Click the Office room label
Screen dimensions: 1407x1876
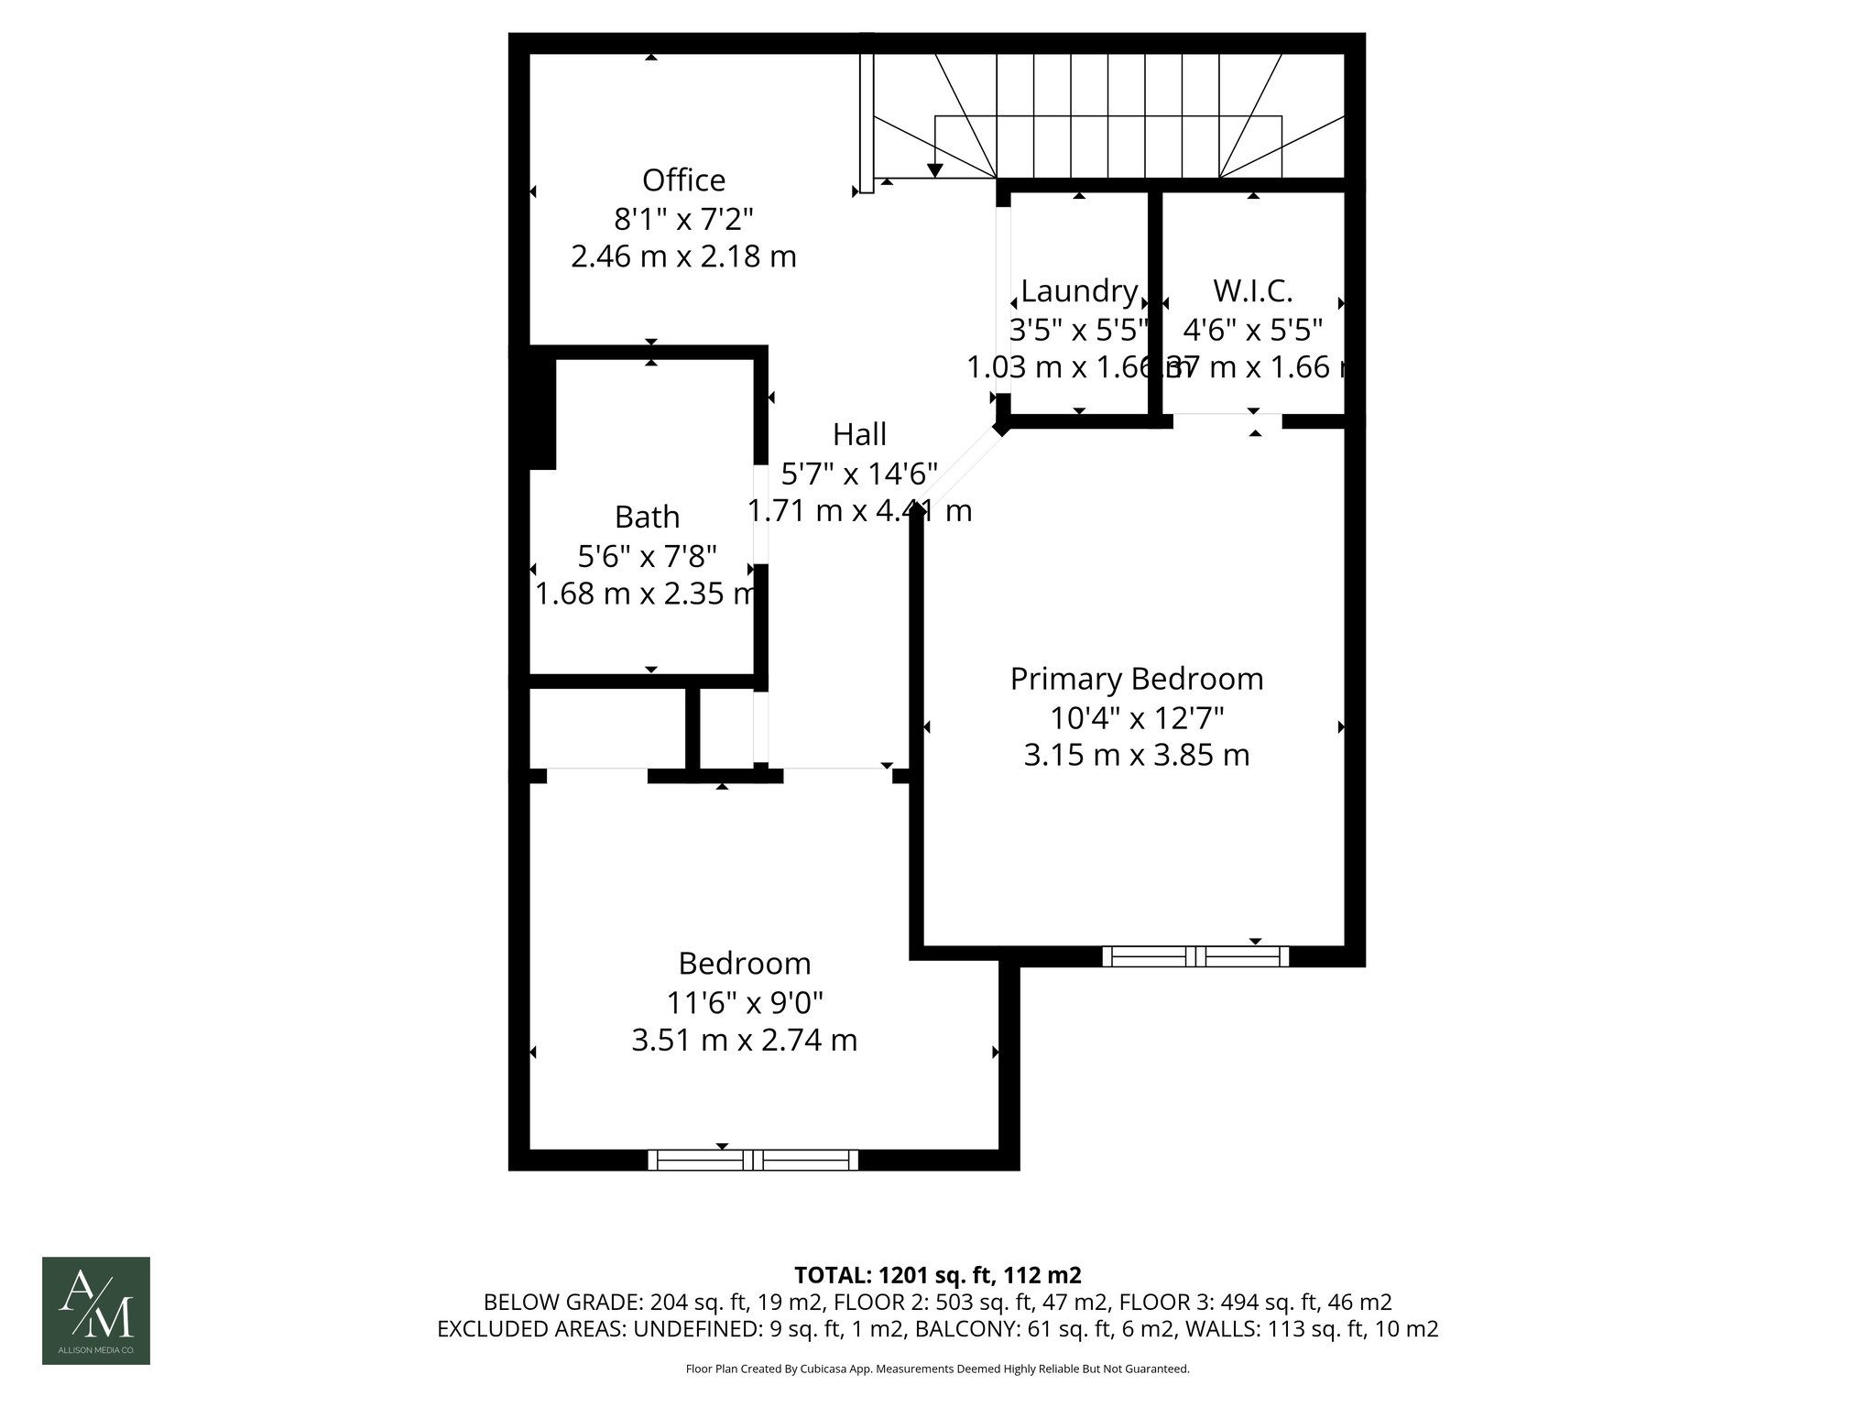point(683,180)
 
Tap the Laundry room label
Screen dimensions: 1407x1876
point(1079,290)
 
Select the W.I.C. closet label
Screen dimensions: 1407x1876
point(1252,290)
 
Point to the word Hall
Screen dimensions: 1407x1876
point(859,433)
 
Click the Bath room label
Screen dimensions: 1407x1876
point(647,517)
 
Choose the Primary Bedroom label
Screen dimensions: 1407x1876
point(1136,679)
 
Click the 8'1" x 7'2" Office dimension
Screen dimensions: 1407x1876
point(683,219)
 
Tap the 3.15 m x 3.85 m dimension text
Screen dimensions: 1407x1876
point(1136,756)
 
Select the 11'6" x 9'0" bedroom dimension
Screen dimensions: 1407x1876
point(744,1003)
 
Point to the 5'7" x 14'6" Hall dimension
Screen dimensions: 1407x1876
point(859,474)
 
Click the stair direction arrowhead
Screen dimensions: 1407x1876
point(934,170)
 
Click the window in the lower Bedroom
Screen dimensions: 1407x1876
point(753,1161)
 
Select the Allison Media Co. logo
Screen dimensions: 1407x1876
point(96,1310)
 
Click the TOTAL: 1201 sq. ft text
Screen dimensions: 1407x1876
point(937,1275)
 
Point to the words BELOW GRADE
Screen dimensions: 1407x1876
point(562,1303)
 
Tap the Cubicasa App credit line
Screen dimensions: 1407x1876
point(937,1369)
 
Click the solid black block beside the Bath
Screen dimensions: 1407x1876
point(542,412)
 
